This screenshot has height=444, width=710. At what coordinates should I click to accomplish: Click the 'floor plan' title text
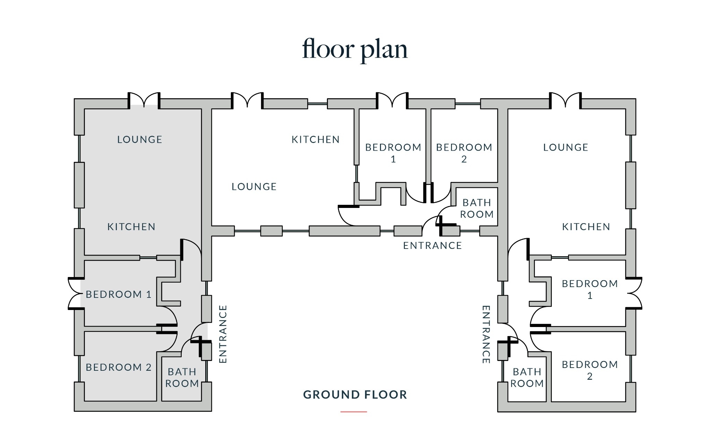355,50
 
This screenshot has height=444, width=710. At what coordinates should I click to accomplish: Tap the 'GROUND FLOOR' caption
355,395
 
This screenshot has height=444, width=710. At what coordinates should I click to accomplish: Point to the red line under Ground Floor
354,412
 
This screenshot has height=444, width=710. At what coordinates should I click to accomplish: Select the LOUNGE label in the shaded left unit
140,140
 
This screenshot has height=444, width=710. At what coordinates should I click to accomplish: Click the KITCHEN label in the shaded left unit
131,227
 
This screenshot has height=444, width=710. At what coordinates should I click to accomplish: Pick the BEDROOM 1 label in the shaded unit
119,294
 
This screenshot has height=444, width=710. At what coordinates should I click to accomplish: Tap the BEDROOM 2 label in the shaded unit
119,367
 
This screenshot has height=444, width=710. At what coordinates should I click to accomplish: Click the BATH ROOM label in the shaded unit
182,378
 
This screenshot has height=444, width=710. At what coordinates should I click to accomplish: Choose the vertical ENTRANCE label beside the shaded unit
223,334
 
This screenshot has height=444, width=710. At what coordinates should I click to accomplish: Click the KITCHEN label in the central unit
315,140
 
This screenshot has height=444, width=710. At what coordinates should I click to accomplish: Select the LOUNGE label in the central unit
254,187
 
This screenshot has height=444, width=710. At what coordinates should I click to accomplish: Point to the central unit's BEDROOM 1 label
393,153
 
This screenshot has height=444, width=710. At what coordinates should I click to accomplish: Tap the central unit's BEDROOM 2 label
464,153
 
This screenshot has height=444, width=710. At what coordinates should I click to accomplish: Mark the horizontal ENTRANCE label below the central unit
432,246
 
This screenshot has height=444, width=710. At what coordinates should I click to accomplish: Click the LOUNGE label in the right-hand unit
566,148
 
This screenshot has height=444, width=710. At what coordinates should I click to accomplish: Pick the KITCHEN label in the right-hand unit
586,227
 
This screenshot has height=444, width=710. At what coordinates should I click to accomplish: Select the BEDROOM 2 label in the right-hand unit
590,370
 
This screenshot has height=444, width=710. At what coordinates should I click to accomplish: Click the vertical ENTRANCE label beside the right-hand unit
486,334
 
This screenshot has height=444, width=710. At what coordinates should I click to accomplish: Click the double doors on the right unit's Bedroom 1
634,293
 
